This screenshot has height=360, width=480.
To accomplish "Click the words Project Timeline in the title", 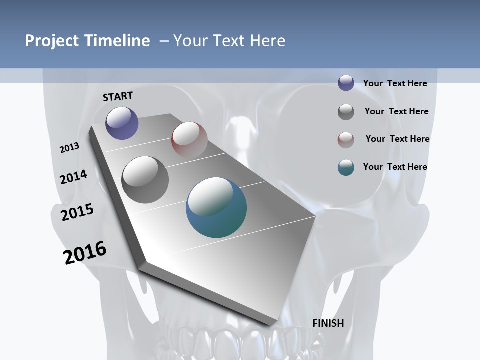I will [x=87, y=41].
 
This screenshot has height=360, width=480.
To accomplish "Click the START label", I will [x=118, y=96].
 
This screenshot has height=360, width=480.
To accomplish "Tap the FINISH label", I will [x=328, y=323].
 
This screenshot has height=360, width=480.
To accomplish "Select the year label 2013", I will [x=70, y=148].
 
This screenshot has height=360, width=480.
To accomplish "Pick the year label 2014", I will [x=74, y=177].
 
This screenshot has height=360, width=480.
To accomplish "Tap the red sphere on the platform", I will [x=189, y=140].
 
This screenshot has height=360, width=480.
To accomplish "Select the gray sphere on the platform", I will [x=145, y=180].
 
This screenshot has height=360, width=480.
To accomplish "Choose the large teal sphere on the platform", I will [x=216, y=207].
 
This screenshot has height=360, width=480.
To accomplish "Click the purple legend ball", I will [x=346, y=83].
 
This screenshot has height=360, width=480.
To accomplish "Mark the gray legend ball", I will [x=346, y=112].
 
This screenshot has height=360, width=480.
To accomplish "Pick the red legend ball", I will [x=346, y=140].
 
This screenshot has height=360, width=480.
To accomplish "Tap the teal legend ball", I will [x=346, y=168].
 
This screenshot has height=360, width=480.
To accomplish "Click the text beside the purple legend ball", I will [x=395, y=83].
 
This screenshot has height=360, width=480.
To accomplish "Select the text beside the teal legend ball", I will [x=395, y=167].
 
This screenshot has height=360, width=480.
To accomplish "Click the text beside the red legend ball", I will [x=397, y=139].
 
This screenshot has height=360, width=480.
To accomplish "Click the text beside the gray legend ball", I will [x=396, y=111].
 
